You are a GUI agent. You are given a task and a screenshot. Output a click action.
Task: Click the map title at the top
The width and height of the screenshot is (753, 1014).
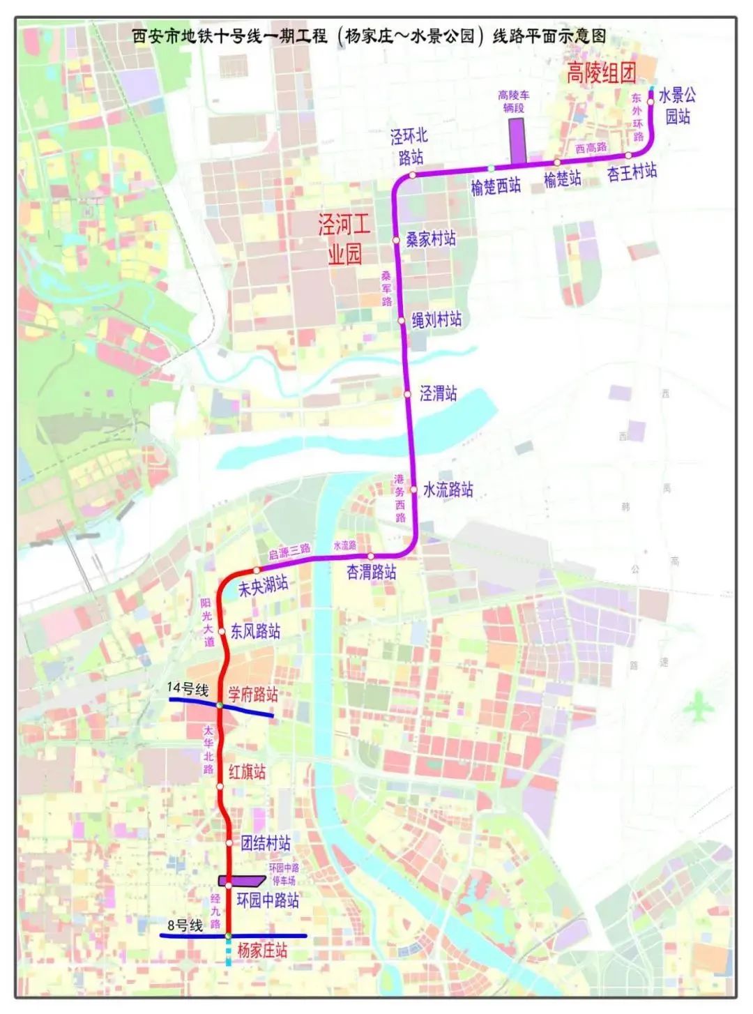(370, 36)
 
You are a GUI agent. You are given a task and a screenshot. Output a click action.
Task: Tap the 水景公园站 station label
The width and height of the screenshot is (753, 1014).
(676, 105)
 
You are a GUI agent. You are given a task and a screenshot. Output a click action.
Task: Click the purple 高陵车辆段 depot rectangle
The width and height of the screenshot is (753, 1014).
(517, 142)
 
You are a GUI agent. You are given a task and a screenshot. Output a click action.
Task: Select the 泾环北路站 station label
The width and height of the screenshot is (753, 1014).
(409, 146)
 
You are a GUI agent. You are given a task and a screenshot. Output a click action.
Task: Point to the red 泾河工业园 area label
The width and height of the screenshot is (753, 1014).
(344, 239)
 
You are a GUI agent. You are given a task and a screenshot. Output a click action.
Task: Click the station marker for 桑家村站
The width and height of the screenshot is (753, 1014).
(395, 240)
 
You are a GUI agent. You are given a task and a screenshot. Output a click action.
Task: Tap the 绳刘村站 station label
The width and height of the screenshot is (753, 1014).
(436, 320)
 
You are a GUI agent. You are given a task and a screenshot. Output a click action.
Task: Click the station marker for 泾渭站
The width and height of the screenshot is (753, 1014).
(408, 394)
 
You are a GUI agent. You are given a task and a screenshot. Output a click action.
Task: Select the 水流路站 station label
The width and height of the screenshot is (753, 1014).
(448, 490)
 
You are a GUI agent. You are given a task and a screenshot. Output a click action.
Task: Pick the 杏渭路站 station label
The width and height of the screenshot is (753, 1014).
(372, 573)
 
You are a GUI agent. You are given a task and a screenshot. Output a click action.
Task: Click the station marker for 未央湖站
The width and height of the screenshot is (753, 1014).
(256, 571)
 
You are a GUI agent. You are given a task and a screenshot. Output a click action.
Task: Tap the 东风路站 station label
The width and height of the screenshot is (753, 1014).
(256, 632)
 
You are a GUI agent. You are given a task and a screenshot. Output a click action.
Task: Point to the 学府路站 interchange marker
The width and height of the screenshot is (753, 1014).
(220, 706)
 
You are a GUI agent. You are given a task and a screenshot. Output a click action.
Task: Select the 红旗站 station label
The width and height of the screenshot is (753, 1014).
(248, 772)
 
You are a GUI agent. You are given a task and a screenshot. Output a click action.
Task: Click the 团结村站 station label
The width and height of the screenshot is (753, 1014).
(266, 843)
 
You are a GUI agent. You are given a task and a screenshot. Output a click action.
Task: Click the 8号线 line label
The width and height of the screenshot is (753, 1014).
(185, 926)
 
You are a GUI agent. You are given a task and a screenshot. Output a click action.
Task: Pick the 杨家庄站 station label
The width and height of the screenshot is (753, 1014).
(262, 951)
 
